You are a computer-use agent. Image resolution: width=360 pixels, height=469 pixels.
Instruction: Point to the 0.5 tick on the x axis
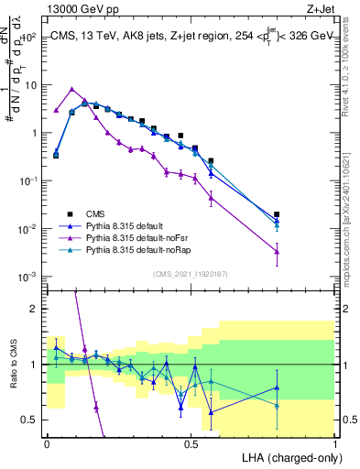(191, 442)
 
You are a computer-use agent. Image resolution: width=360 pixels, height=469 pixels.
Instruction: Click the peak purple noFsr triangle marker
(71, 89)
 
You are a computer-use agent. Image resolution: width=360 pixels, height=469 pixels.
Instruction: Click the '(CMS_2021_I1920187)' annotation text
(191, 273)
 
